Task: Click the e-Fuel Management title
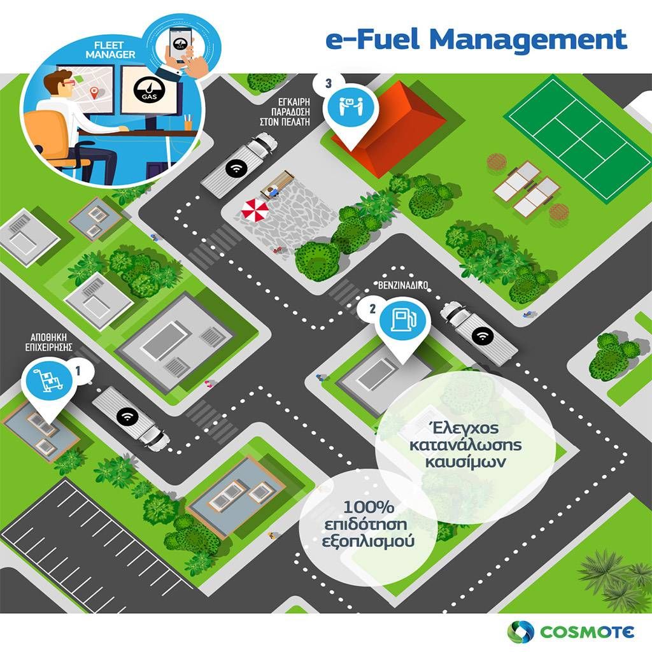476,39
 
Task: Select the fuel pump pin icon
400,320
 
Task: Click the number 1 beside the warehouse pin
78,369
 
